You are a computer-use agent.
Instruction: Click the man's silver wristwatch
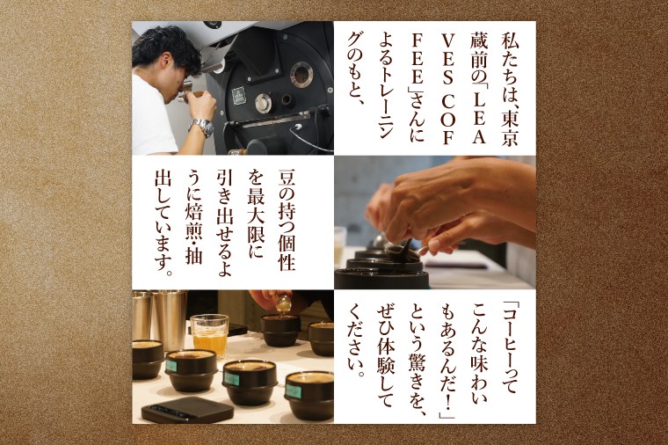[202, 127]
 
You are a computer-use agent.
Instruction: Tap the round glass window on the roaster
[301, 75]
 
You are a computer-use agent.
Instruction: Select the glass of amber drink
[209, 335]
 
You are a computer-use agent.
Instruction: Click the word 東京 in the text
[509, 128]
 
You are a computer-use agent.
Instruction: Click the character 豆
[287, 179]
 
